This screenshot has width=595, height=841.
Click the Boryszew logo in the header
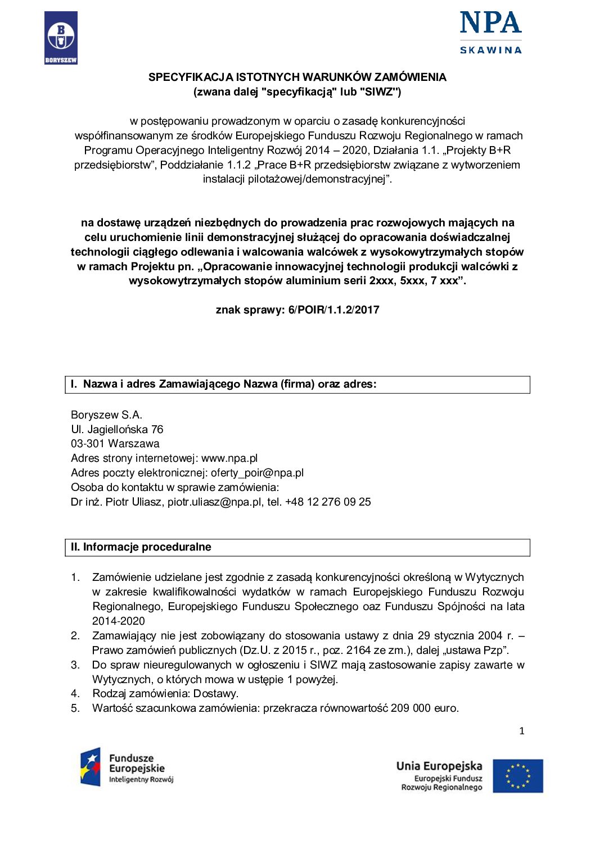click(x=61, y=38)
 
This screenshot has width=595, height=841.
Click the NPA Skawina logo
click(x=490, y=33)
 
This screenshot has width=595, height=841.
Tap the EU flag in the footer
click(x=518, y=776)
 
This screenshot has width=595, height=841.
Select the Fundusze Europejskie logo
click(x=128, y=767)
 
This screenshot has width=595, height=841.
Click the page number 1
click(x=522, y=731)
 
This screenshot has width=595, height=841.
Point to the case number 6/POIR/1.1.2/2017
click(x=334, y=310)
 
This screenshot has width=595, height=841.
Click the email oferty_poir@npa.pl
click(x=257, y=472)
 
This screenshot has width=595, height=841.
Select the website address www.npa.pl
click(x=229, y=458)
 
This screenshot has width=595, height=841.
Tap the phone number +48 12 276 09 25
click(x=328, y=502)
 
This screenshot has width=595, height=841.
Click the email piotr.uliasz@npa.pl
click(x=214, y=502)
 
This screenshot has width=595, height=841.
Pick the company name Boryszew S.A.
click(x=106, y=415)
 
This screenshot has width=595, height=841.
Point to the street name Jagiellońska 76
click(x=125, y=429)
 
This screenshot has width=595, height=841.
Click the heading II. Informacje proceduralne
click(x=141, y=547)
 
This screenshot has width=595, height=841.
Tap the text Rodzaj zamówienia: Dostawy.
click(x=165, y=693)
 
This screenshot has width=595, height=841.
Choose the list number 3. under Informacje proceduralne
click(x=75, y=665)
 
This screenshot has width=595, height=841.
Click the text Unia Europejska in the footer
click(x=439, y=766)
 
